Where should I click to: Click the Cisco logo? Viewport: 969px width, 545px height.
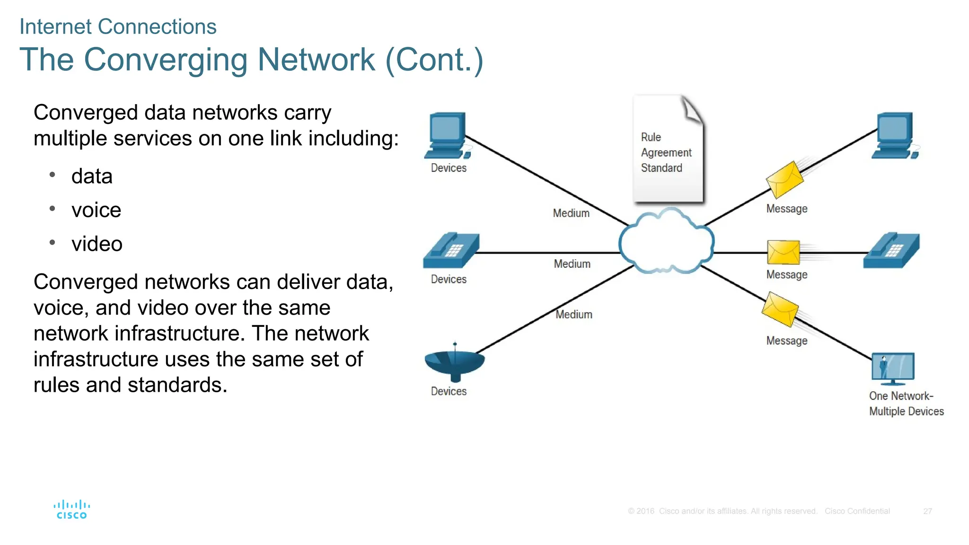[x=71, y=510]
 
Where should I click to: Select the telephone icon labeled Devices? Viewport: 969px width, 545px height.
[x=451, y=251]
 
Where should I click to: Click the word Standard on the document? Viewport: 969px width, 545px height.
[x=661, y=168]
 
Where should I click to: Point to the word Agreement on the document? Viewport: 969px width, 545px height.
[x=666, y=152]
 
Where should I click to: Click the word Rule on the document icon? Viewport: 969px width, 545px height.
[x=651, y=137]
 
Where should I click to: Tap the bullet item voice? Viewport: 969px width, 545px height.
[x=96, y=210]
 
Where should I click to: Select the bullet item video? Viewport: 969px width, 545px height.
[x=97, y=244]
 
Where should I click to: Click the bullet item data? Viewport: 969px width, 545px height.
[x=92, y=176]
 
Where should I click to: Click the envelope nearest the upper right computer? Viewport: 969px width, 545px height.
[x=784, y=180]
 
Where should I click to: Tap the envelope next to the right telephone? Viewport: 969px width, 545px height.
[x=783, y=252]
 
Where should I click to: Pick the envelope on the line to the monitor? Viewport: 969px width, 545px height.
[x=780, y=309]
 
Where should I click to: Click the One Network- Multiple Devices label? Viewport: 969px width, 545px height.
[x=906, y=404]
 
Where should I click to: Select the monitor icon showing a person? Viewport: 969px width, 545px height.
[x=892, y=368]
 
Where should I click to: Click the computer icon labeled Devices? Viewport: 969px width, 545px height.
[x=447, y=136]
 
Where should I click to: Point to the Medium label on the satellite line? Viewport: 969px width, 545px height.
[x=573, y=315]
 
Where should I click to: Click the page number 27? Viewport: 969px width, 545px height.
[x=927, y=511]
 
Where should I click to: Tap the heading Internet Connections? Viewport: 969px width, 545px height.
[x=118, y=26]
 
